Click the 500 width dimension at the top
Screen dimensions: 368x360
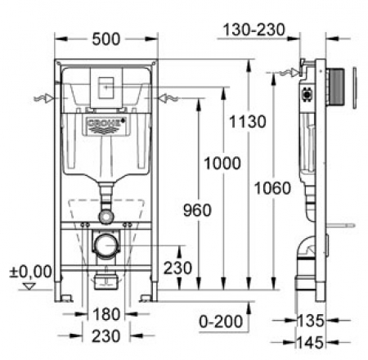(x=106, y=39)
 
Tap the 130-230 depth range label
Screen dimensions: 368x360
(x=254, y=29)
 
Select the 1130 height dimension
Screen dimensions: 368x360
(x=247, y=122)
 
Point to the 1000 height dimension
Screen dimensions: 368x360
(x=222, y=164)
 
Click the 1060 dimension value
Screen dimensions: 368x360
(x=272, y=188)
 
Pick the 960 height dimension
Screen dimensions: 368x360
(x=197, y=210)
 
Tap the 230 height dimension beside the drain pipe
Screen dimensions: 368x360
(x=177, y=268)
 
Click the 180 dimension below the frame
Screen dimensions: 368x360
(x=106, y=314)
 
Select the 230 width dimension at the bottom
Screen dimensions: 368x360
(x=106, y=336)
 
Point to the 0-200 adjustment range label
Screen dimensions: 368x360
(x=221, y=322)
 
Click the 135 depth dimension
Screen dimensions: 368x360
(x=311, y=321)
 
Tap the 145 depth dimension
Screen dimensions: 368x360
(x=311, y=343)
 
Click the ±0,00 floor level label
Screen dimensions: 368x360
(x=30, y=272)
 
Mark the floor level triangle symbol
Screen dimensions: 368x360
(x=29, y=286)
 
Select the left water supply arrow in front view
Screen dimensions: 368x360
(x=43, y=98)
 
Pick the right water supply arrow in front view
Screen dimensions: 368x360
(x=168, y=98)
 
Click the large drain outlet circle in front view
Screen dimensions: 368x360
(x=106, y=245)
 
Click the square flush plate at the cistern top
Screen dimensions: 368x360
(x=106, y=88)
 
